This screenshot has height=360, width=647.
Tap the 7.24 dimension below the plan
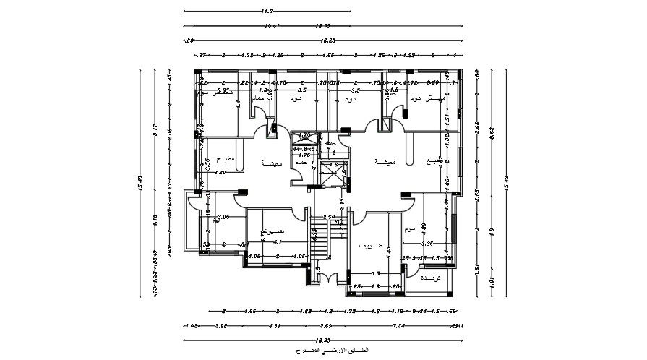[x=398, y=326]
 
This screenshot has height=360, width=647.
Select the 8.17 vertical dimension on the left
[x=154, y=133]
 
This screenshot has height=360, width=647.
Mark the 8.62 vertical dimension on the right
[x=492, y=132]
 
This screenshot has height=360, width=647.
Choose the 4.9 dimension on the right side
[x=492, y=232]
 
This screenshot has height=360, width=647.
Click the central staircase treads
[x=321, y=235]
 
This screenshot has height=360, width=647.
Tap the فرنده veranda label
[x=430, y=278]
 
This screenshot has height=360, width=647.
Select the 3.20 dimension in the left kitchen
[x=220, y=173]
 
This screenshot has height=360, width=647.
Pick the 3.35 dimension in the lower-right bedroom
[x=427, y=243]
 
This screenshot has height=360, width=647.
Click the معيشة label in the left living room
[x=271, y=163]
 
